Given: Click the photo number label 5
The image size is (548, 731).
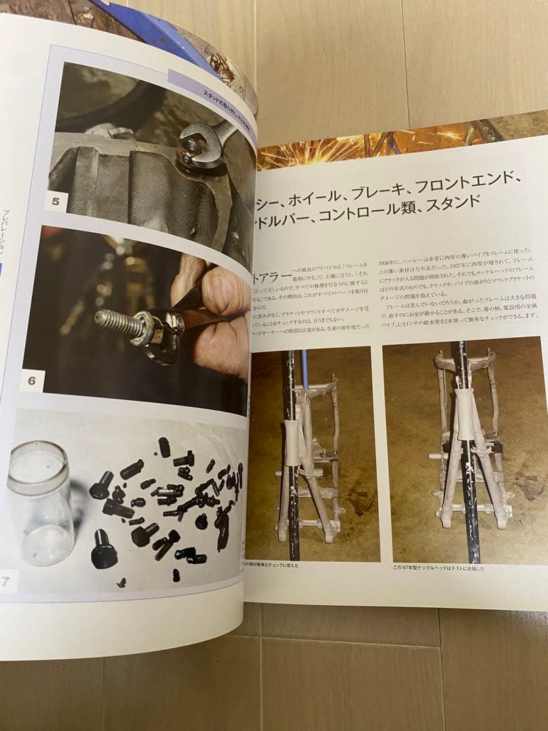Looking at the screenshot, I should [x=55, y=201].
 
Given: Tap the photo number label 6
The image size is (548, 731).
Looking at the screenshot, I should [x=32, y=380].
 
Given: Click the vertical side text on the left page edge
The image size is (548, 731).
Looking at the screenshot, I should [x=6, y=230].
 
